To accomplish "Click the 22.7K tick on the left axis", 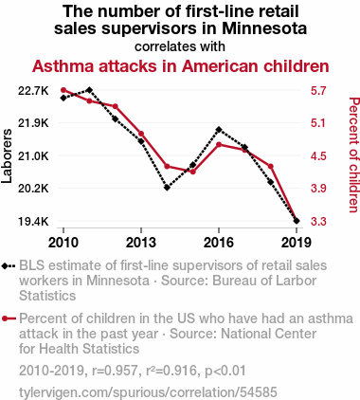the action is [x=33, y=91].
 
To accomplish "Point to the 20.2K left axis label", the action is [x=33, y=189].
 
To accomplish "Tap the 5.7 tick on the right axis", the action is [x=318, y=91].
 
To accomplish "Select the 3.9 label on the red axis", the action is [x=318, y=189].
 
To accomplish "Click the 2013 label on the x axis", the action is [x=141, y=243].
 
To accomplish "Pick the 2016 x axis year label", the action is [x=219, y=243].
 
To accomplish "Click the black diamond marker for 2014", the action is [x=167, y=188].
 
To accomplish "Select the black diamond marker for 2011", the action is [x=89, y=90].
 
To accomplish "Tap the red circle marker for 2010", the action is [x=63, y=90].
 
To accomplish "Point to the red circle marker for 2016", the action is [x=219, y=144].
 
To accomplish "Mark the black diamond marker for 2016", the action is [x=219, y=130].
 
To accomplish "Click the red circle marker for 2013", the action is [x=141, y=134].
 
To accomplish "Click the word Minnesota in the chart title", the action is [x=264, y=28].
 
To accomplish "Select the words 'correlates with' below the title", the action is [x=180, y=46].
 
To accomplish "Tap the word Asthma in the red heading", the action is [x=63, y=66].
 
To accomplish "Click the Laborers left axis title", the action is [x=7, y=156].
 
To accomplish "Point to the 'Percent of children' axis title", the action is [x=354, y=155].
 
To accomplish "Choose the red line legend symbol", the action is [x=9, y=318].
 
